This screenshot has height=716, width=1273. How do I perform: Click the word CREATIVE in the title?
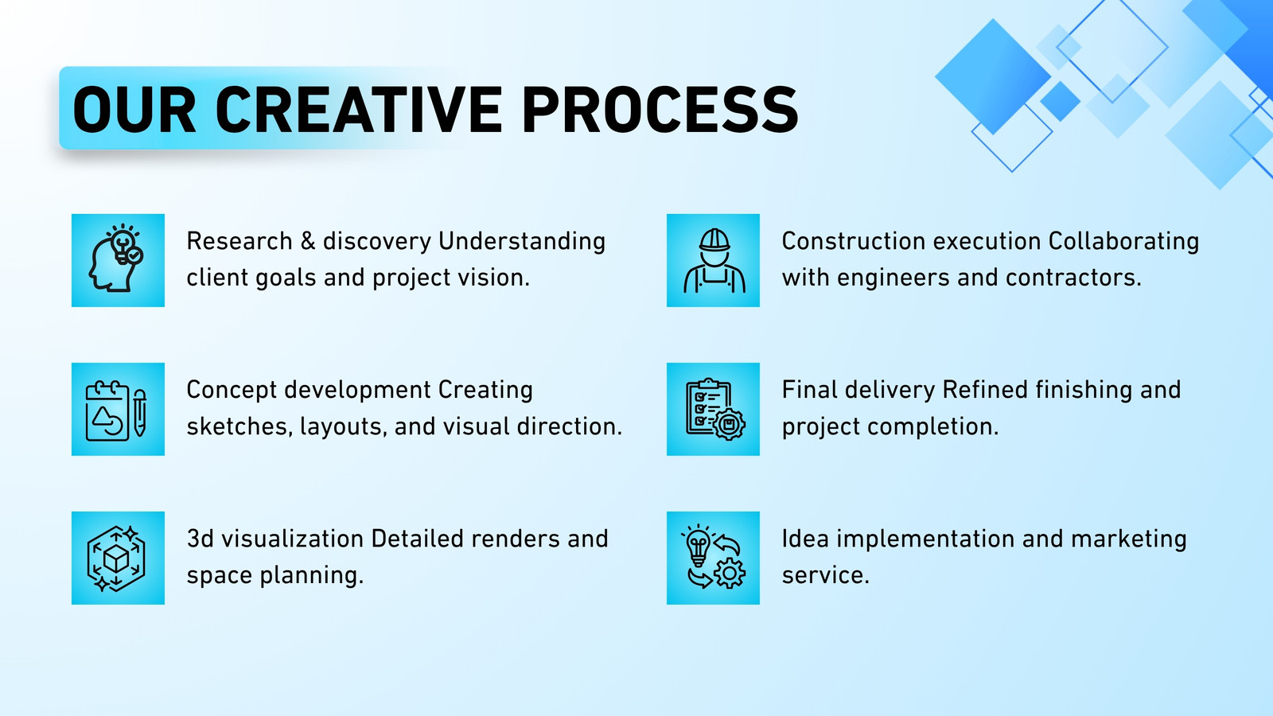(358, 109)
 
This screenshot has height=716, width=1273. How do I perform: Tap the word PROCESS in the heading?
(660, 109)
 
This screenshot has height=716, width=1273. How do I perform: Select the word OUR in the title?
(134, 109)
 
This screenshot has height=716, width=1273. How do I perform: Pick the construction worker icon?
(713, 260)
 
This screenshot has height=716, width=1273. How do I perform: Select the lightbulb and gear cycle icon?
(713, 558)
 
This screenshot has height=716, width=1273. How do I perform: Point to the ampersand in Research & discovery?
(307, 241)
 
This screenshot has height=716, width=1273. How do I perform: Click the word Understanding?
(522, 242)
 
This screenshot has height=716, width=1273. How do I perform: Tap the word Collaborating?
(1123, 242)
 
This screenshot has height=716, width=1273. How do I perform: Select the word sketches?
(239, 426)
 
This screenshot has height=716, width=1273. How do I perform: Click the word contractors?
(1073, 278)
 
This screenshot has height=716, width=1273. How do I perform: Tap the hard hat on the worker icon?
(714, 240)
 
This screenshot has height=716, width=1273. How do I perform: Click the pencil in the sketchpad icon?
(139, 413)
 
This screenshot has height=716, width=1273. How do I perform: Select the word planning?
(311, 576)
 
